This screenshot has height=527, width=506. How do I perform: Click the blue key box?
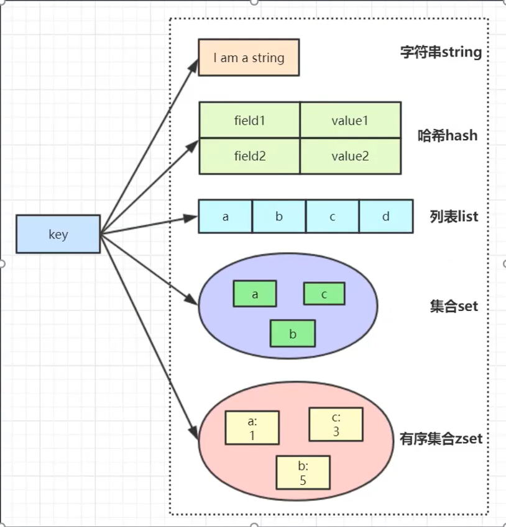coord(58,234)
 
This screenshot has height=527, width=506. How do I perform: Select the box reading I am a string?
coord(249,58)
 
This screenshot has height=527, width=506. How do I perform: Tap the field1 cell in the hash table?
coord(249,120)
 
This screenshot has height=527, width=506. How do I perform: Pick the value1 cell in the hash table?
coord(350,120)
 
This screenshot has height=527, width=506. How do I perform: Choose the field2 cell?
coord(249,156)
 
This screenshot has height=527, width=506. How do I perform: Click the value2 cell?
coord(350,156)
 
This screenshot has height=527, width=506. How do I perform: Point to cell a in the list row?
coord(225,216)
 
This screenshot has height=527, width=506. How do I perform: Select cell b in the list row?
coord(279,216)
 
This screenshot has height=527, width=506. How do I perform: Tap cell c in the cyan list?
coord(333,216)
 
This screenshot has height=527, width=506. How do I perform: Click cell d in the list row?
coord(386,216)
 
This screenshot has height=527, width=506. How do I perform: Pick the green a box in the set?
coord(255,294)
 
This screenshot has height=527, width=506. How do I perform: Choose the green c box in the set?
coord(324,294)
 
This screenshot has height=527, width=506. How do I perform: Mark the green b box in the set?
coord(293,333)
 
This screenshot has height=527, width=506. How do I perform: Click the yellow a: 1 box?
coord(252,428)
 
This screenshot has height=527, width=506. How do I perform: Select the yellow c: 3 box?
coord(336,424)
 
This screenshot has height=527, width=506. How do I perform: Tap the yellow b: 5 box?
coord(303,472)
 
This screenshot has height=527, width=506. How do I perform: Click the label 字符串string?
coord(441,52)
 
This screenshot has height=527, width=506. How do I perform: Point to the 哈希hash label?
coord(448,135)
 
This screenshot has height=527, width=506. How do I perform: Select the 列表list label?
coord(454,217)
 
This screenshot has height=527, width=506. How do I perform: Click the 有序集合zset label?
coord(441,439)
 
